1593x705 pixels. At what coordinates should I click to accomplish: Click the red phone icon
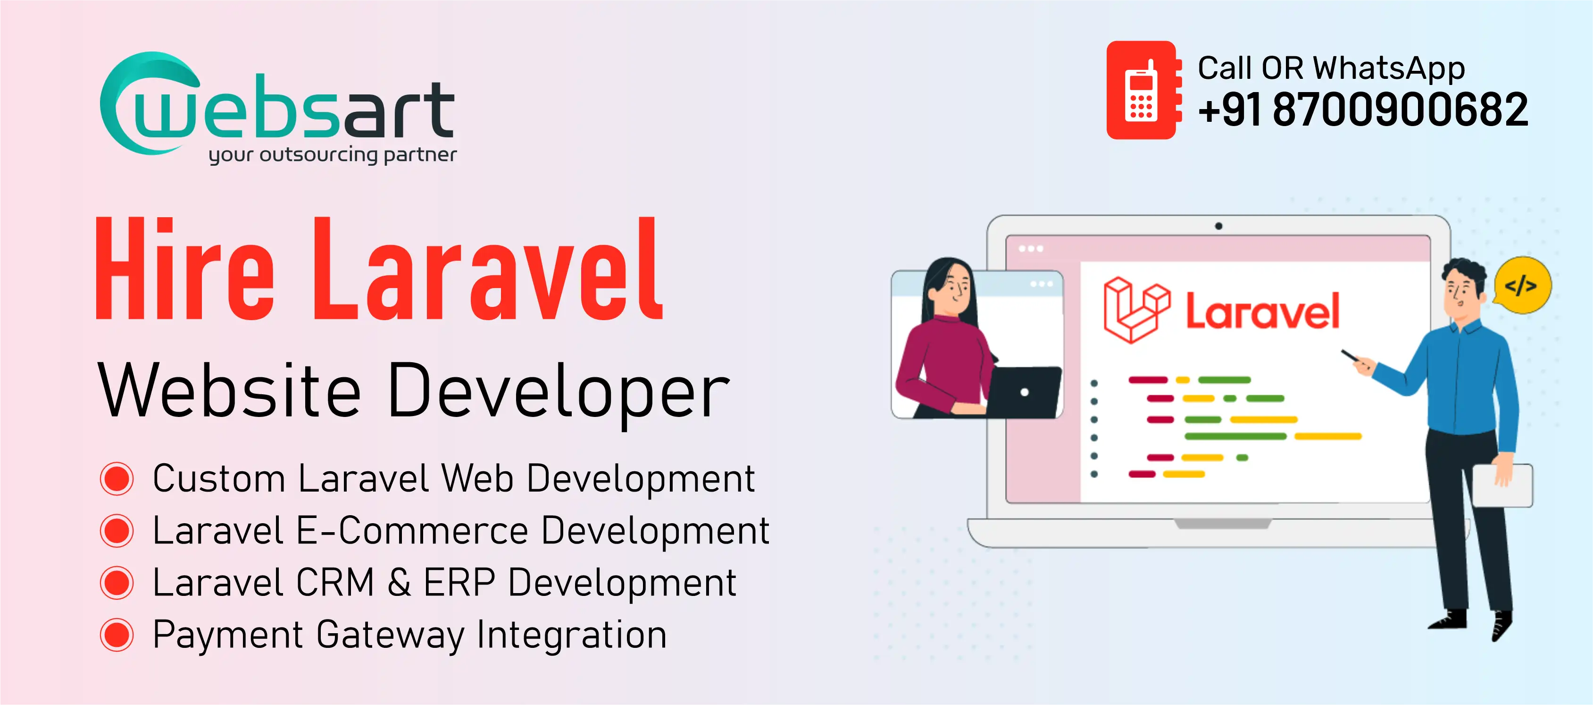tap(1142, 90)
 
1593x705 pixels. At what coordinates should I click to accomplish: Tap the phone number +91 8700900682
tap(1362, 110)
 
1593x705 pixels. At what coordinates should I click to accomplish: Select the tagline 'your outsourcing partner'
tap(333, 155)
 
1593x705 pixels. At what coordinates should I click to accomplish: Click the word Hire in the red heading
tap(184, 271)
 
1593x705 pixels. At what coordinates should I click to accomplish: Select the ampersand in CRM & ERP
tap(400, 582)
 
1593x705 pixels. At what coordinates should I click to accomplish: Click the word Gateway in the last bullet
tap(390, 635)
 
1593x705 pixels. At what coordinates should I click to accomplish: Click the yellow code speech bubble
tap(1521, 285)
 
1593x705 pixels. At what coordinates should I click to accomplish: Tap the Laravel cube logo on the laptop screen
tap(1135, 309)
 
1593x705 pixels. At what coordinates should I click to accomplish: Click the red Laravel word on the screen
tap(1261, 311)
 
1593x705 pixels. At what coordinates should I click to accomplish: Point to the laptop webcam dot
tap(1218, 226)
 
